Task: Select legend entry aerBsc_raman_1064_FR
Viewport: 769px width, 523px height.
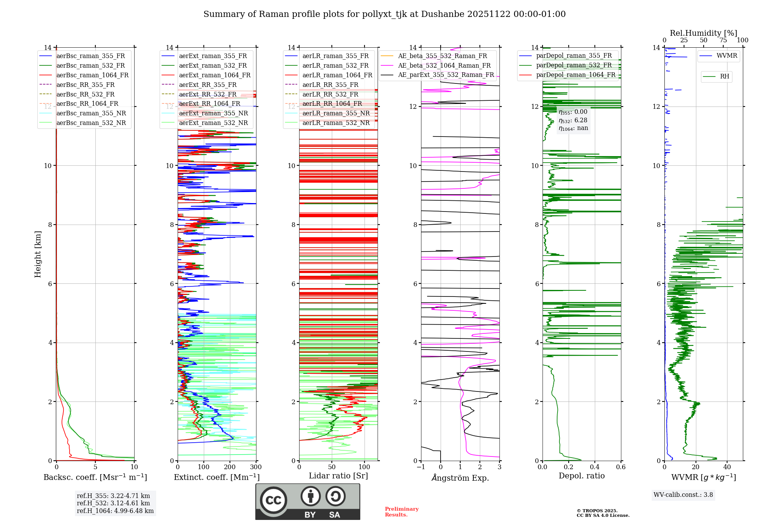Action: coord(92,75)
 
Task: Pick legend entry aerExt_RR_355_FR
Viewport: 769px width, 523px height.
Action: coord(208,85)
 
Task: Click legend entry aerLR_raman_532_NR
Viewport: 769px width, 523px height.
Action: coord(336,123)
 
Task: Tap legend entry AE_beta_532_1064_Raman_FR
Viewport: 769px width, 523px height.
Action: coord(444,66)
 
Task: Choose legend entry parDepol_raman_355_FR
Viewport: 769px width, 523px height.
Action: coord(574,56)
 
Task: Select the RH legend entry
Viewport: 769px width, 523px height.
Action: coord(724,77)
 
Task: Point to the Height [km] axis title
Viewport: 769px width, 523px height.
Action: coord(38,254)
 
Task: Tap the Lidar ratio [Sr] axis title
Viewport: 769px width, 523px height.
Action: coord(338,476)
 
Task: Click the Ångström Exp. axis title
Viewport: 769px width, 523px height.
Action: coord(460,478)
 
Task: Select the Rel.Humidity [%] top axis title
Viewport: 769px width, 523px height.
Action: coord(703,33)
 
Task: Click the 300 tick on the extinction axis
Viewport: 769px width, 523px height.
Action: coord(256,467)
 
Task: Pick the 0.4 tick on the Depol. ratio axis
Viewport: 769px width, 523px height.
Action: coord(594,467)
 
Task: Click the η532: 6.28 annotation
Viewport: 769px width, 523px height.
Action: coord(573,120)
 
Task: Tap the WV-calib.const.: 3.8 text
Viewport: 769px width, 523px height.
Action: coord(683,495)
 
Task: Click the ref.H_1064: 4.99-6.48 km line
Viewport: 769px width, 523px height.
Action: coord(115,511)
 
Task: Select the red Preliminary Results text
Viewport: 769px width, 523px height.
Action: coord(401,512)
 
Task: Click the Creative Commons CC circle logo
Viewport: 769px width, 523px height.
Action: coord(273,500)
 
